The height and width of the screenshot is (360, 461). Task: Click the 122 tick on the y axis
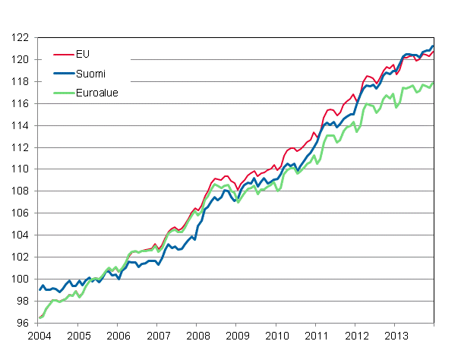[x=22, y=38]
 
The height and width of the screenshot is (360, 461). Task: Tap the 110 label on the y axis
[x=22, y=169]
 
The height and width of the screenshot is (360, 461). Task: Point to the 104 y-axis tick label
[x=22, y=235]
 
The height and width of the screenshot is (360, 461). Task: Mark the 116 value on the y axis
[x=22, y=103]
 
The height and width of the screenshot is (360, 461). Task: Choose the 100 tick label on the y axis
[x=22, y=279]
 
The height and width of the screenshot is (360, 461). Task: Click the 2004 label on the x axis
[x=39, y=336]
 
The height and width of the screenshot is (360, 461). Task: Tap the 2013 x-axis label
[x=394, y=336]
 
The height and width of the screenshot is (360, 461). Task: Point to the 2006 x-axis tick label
[x=118, y=336]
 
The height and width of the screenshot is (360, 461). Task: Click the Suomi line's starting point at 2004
[x=39, y=289]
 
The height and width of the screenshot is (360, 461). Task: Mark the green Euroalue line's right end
[x=433, y=83]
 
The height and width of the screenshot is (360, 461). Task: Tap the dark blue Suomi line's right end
[x=433, y=46]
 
